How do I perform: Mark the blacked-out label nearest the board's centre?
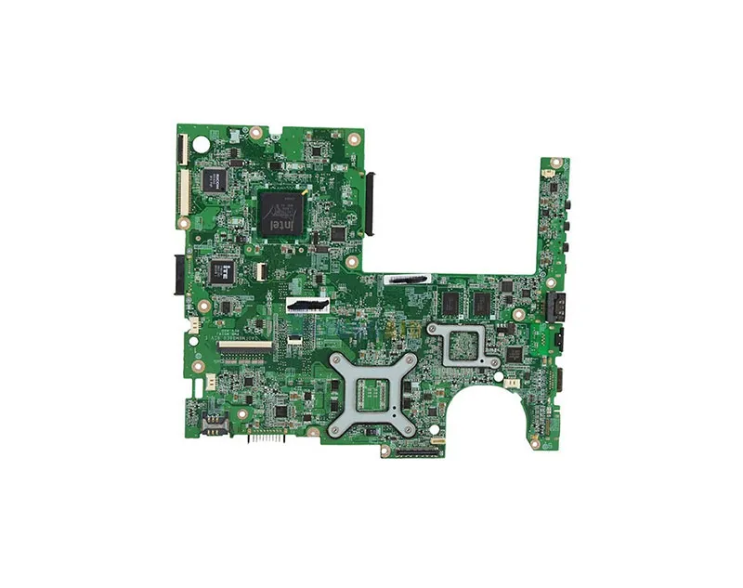[308, 306]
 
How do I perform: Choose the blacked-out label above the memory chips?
[409, 280]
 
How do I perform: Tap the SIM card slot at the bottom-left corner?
[206, 425]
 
